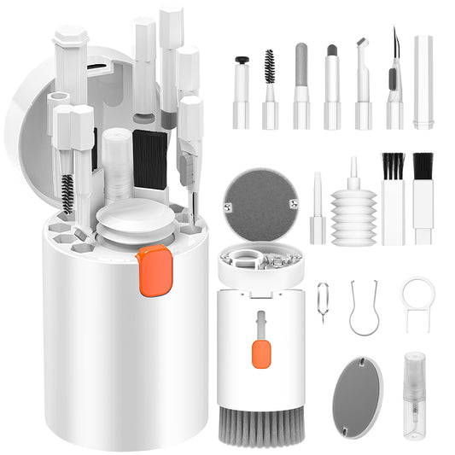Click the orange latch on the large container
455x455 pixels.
155,271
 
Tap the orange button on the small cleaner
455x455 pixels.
261,353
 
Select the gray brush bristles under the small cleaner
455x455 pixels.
261,426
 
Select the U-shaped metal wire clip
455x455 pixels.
365,308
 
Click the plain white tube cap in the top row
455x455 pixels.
423,82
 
